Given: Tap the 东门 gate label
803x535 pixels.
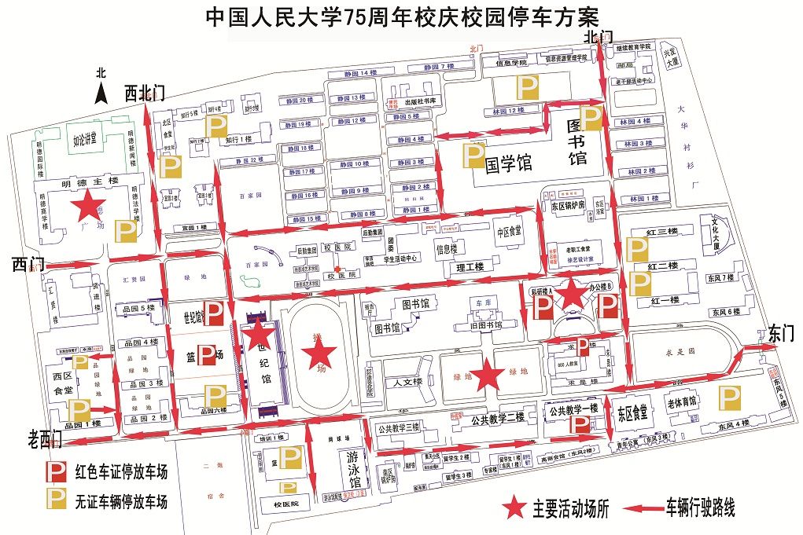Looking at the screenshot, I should point(782,333).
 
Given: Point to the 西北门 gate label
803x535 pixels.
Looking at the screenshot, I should point(145,93).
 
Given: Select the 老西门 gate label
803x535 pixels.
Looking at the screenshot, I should point(45,438).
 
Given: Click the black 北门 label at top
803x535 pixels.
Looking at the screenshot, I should point(598,38).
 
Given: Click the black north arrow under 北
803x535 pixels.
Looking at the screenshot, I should point(101,95).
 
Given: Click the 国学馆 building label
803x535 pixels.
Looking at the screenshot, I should point(508,163).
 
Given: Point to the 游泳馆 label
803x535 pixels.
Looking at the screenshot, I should point(352,470).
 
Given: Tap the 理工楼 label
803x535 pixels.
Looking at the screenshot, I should point(470,268).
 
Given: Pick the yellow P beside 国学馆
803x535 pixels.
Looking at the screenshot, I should point(472,156).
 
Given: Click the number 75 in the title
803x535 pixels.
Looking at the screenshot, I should point(361,16).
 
